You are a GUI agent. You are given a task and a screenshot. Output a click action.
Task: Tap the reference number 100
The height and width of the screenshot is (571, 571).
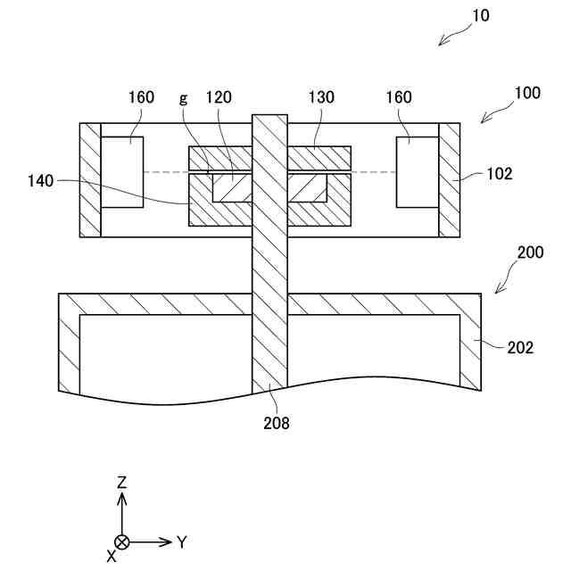[x=526, y=93]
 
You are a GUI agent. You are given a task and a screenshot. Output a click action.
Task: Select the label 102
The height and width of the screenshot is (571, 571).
[x=500, y=174]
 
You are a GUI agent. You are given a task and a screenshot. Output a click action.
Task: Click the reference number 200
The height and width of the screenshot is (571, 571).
[x=530, y=252]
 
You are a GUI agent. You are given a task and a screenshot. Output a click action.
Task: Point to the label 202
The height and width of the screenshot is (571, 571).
[x=519, y=348]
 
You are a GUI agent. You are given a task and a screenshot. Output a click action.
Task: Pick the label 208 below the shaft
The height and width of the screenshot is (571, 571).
[x=276, y=423]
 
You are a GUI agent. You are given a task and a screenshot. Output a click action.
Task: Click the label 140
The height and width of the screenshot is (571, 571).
[x=40, y=180]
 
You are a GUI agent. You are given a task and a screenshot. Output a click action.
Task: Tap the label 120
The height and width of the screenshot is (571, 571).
[x=219, y=97]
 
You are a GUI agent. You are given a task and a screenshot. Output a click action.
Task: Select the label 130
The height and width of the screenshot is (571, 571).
[x=322, y=97]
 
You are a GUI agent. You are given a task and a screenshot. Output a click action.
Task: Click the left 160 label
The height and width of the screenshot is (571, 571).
[x=140, y=97]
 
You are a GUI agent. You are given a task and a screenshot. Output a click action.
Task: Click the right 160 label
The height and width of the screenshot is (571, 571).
[x=398, y=97]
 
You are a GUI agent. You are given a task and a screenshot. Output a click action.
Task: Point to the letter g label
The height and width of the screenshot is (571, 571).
[x=184, y=97]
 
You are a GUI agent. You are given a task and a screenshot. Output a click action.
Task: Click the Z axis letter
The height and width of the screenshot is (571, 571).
[x=122, y=483]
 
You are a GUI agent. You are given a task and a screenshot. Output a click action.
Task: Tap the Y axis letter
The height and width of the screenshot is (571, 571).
[x=181, y=542]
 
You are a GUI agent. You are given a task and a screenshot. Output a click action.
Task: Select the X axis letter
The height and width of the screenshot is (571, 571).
[x=111, y=555]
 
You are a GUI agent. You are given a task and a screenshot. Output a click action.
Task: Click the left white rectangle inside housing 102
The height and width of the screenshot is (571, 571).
[x=122, y=172]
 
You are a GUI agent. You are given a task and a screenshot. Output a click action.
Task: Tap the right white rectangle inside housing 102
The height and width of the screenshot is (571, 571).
[x=418, y=172]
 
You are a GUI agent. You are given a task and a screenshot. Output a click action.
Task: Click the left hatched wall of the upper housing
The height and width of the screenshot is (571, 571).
[x=91, y=179]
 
